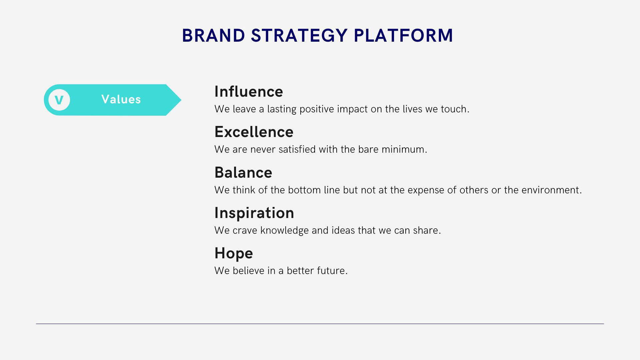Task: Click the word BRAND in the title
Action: pos(213,35)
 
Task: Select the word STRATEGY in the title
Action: pos(299,35)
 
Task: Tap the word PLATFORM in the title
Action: pos(403,35)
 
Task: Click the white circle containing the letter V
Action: pos(59,100)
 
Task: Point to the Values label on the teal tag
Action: pos(121,99)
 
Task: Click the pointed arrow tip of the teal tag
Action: pos(181,100)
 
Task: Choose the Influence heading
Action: pos(249,91)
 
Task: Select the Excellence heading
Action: pos(254,132)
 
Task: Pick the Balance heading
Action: pos(243,172)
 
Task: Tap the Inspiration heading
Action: pos(254,213)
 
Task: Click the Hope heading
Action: pos(234,253)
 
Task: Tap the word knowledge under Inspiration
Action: pos(284,231)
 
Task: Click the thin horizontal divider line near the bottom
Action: pos(320,324)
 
